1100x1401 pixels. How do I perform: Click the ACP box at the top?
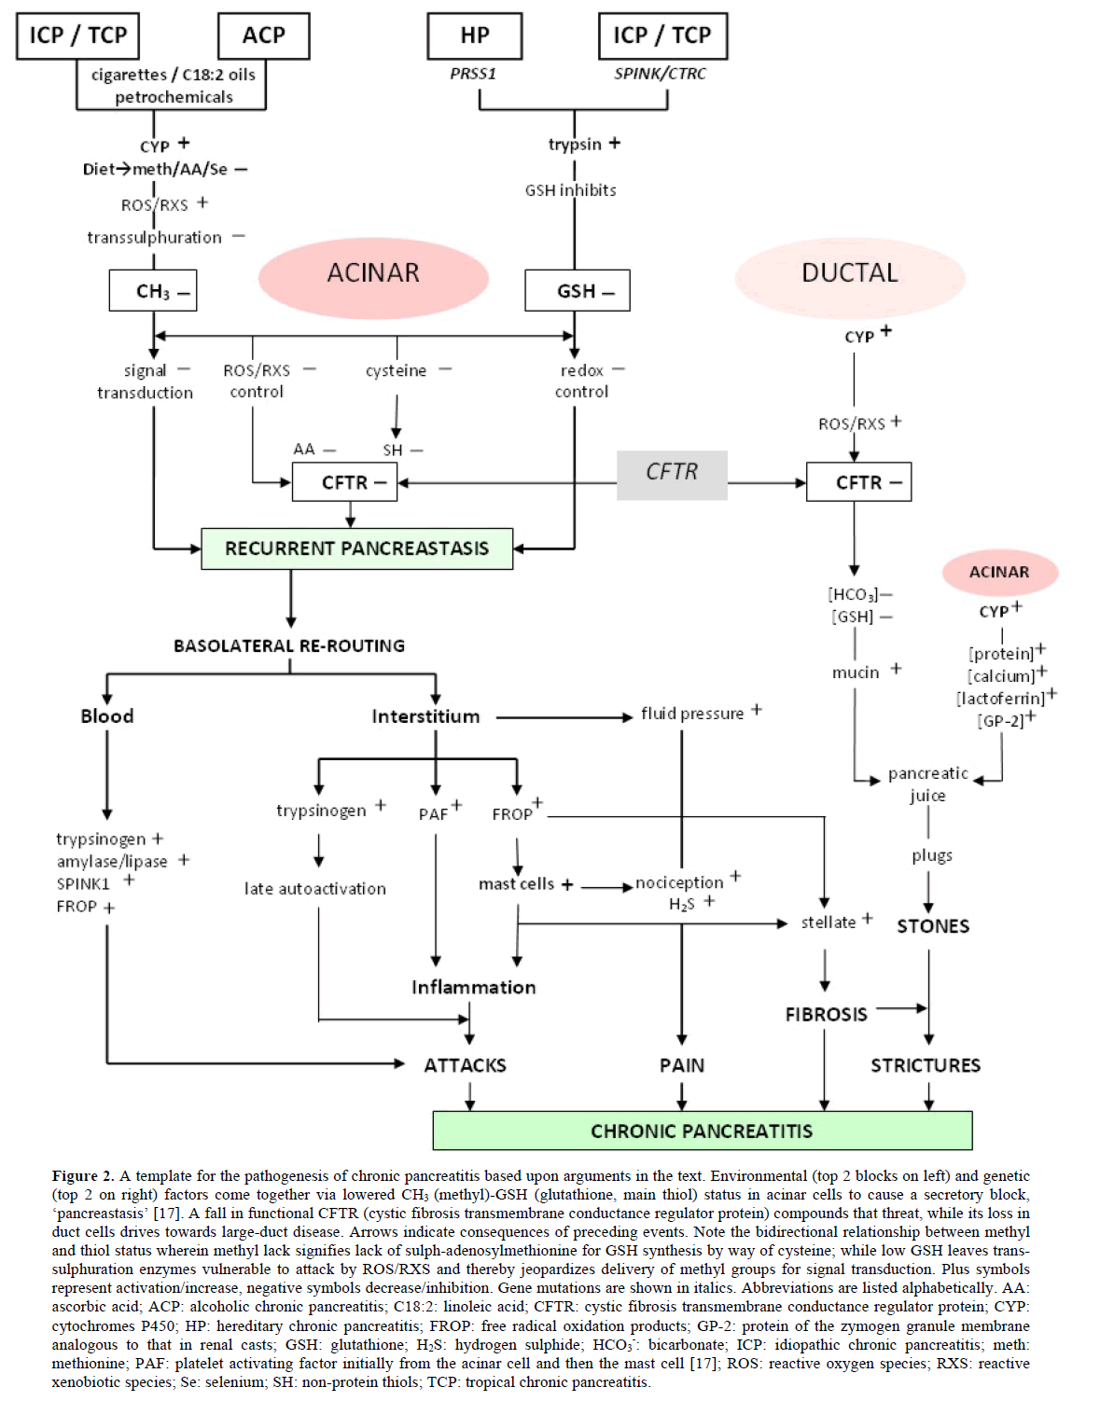[263, 35]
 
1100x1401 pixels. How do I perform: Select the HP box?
[474, 35]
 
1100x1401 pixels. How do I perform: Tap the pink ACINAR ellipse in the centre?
[373, 273]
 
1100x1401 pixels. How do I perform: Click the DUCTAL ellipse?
[850, 273]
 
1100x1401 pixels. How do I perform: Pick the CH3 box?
[153, 291]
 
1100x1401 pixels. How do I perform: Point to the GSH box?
[577, 291]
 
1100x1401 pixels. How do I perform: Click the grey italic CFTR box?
[672, 473]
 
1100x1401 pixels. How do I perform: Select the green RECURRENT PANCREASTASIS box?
[356, 548]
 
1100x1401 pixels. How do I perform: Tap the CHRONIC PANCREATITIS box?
[702, 1131]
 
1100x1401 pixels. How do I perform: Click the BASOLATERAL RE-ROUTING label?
[289, 645]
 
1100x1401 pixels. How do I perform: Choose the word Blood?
[106, 716]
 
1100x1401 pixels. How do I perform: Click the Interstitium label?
[425, 716]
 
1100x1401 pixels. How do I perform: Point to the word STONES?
[933, 926]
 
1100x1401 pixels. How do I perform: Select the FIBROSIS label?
[826, 1014]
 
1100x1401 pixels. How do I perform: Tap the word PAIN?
[682, 1065]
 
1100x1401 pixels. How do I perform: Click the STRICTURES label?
[926, 1065]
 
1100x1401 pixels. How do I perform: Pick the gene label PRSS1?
[473, 74]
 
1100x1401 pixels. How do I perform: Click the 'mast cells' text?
[516, 883]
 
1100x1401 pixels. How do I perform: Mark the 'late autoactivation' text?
[315, 889]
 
